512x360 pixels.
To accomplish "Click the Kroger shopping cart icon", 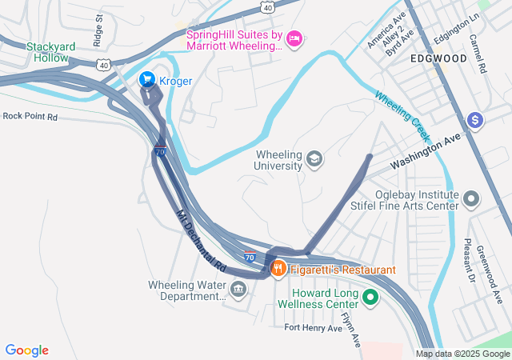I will pos(147,79).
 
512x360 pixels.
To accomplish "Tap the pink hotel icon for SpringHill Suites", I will pos(294,38).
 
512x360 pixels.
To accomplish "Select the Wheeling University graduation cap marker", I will pos(315,159).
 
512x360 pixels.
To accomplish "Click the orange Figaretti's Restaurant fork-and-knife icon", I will pos(278,269).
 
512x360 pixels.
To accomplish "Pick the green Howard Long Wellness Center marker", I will pos(370,298).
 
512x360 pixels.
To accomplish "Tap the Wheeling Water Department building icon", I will pos(238,289).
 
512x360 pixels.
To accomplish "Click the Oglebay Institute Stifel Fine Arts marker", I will pos(472,198).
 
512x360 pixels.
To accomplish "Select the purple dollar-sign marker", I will pos(475,120).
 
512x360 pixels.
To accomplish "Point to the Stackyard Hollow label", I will pos(50,52).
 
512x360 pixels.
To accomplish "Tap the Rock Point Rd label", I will pos(30,116).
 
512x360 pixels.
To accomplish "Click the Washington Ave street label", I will pos(426,150).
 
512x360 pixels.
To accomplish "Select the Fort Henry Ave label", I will pos(314,328).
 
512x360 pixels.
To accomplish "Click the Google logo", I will pos(26,350).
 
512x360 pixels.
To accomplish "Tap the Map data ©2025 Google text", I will pos(462,354).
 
